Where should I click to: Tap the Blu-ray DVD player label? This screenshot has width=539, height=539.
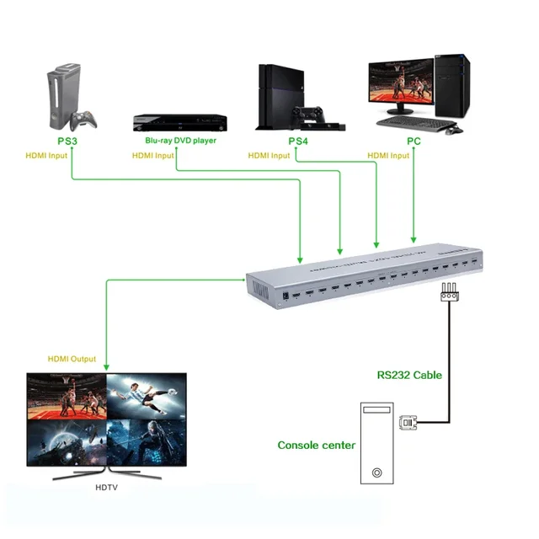coord(180,141)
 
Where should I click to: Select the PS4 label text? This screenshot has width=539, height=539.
coord(298,141)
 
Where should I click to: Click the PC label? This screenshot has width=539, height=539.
coord(414,141)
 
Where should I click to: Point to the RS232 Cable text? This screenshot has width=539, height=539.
coord(408,376)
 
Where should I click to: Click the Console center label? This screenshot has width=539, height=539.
coord(317,445)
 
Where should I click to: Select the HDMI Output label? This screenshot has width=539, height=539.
coord(72,359)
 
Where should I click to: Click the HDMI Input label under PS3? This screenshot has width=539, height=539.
coord(47,156)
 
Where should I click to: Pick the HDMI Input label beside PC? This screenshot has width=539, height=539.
coord(388,156)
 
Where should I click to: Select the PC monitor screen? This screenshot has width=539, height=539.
coord(403,86)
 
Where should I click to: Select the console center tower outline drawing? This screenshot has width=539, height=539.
coord(376,444)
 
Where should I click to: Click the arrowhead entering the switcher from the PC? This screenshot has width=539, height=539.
coord(413,239)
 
